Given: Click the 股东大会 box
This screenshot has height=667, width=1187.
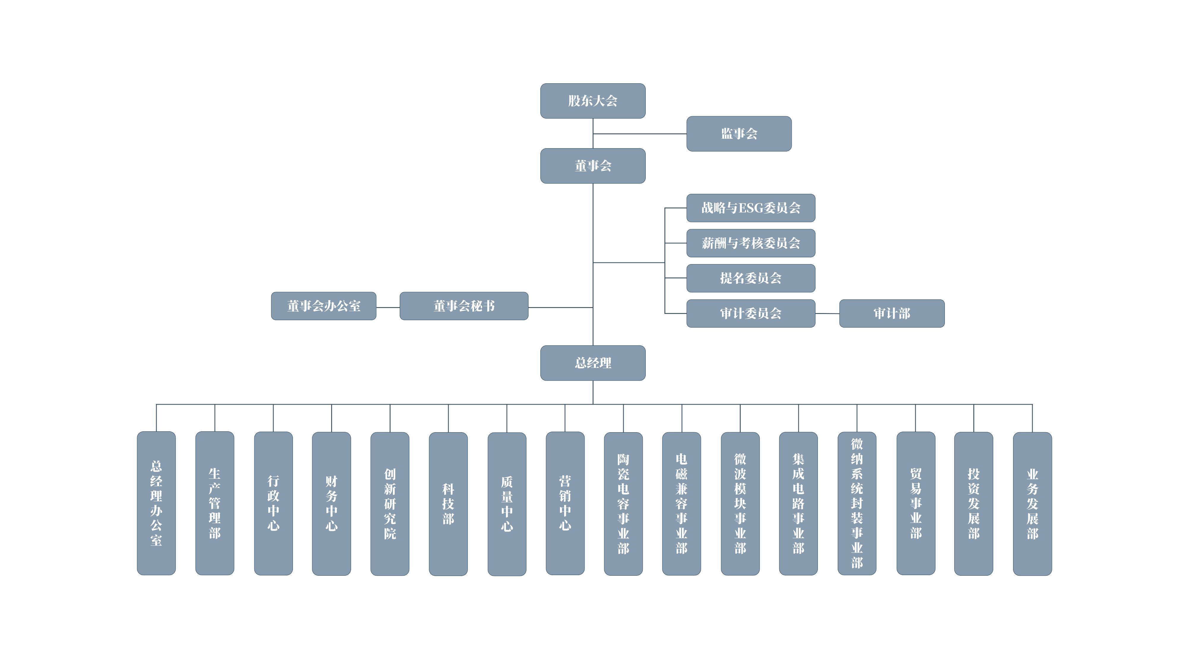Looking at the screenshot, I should click(593, 101).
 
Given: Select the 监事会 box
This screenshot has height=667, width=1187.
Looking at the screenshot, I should click(739, 133).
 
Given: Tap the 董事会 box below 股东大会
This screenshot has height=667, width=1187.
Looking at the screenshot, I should click(593, 166).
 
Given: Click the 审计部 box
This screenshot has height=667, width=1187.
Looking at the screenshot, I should click(892, 313).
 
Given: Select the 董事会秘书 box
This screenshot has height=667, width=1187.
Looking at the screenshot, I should click(464, 306).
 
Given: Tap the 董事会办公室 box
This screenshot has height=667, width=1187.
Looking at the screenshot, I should click(323, 306).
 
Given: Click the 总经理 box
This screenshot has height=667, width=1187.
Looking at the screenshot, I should click(593, 363).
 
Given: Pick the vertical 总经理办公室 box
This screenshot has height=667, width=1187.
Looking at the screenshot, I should click(156, 503).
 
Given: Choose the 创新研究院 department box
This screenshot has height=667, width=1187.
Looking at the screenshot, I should click(390, 504).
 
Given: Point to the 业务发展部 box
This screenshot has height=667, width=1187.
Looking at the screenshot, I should click(1032, 504).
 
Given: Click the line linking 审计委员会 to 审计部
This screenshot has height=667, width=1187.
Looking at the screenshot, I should click(827, 313).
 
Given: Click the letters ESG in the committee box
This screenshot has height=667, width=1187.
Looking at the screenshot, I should click(751, 208).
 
